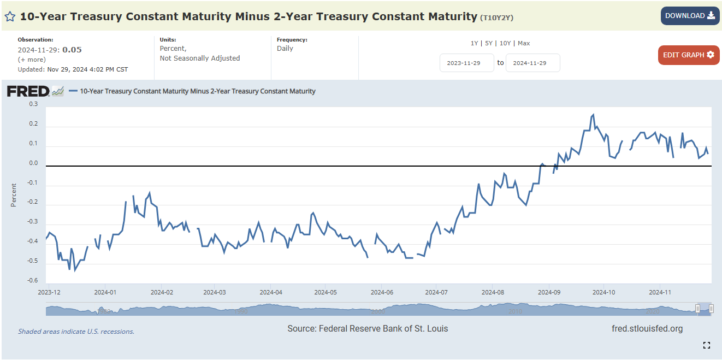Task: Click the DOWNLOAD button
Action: pyautogui.click(x=690, y=16)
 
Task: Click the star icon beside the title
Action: pyautogui.click(x=10, y=16)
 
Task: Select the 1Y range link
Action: pyautogui.click(x=474, y=43)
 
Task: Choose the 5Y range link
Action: pyautogui.click(x=489, y=43)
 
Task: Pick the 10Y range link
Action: pyautogui.click(x=505, y=43)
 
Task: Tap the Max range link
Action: pyautogui.click(x=524, y=43)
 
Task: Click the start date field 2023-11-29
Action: pyautogui.click(x=466, y=63)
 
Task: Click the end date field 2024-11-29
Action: pyautogui.click(x=532, y=63)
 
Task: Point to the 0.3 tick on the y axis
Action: pyautogui.click(x=33, y=104)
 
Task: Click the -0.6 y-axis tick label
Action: pyautogui.click(x=33, y=280)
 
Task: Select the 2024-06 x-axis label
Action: pyautogui.click(x=382, y=292)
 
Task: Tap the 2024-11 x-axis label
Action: pyautogui.click(x=660, y=292)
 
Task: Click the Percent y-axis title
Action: pyautogui.click(x=14, y=195)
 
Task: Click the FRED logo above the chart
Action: pyautogui.click(x=28, y=91)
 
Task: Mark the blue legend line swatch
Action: pyautogui.click(x=73, y=91)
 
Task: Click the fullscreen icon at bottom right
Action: pyautogui.click(x=707, y=345)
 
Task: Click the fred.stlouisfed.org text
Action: pyautogui.click(x=647, y=328)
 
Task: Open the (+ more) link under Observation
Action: pyautogui.click(x=32, y=60)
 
